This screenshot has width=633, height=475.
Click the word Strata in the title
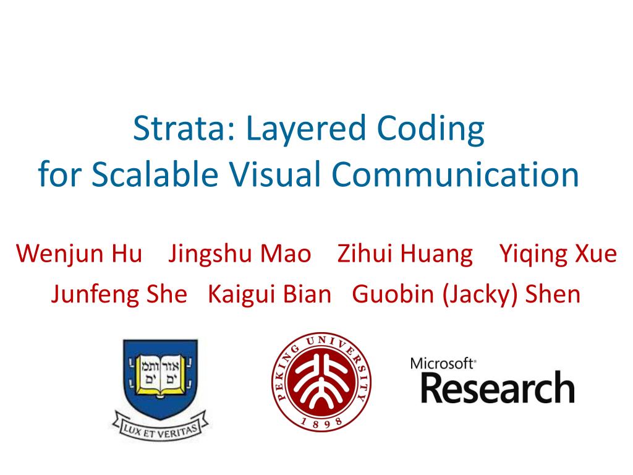[x=184, y=129]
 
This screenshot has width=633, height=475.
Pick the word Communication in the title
[x=456, y=174]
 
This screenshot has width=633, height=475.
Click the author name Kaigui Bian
[x=270, y=294]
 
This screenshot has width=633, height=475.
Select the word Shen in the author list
[x=553, y=294]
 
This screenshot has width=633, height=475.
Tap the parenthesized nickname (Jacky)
[x=480, y=295]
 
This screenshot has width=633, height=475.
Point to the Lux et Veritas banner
[x=161, y=428]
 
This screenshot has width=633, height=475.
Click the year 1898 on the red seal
[x=321, y=422]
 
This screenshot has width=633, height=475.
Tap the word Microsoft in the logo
[x=442, y=364]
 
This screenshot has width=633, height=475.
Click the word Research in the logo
[x=498, y=387]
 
